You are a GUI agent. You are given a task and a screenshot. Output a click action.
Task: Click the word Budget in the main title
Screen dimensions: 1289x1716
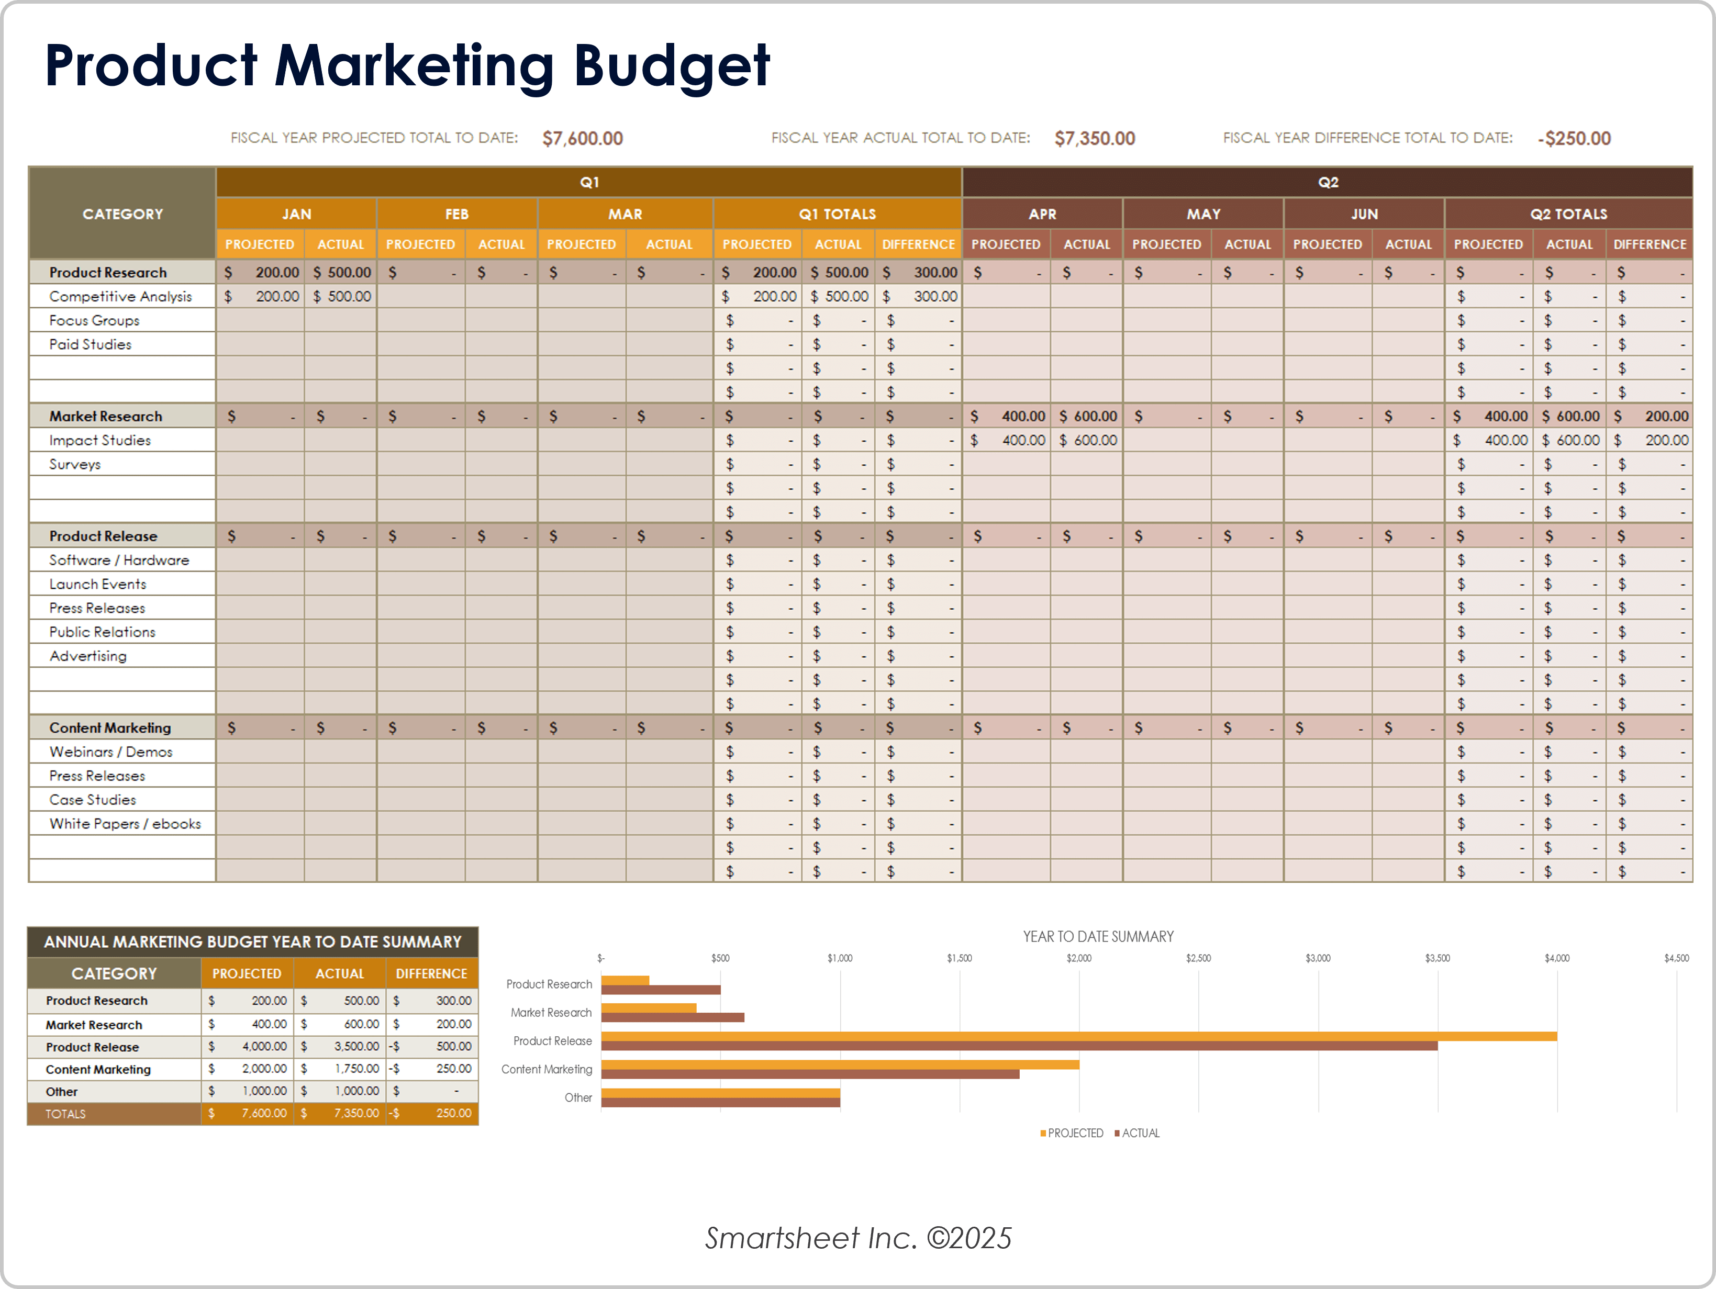pos(671,66)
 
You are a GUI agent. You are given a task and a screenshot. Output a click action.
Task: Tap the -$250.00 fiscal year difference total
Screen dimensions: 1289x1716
pos(1574,139)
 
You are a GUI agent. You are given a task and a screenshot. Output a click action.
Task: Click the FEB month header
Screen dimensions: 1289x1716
pos(457,214)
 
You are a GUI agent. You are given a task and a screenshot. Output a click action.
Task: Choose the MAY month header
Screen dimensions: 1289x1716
pos(1203,214)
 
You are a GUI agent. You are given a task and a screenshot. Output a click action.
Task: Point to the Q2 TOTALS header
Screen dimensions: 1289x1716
pos(1568,214)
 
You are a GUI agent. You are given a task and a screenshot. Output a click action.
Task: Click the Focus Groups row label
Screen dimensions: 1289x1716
pos(95,320)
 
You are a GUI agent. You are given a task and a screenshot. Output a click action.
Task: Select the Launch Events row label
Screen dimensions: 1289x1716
pos(98,584)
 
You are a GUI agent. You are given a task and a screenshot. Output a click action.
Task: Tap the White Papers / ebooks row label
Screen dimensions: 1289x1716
pos(125,824)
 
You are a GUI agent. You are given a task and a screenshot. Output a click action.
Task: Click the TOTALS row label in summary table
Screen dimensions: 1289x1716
pos(66,1114)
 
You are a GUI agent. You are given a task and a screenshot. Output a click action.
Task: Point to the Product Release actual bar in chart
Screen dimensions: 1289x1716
pos(1019,1046)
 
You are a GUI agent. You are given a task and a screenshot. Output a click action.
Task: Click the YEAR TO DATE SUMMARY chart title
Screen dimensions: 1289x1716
pos(1098,937)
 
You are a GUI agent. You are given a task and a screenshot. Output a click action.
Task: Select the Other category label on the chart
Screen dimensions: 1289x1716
pos(578,1097)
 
